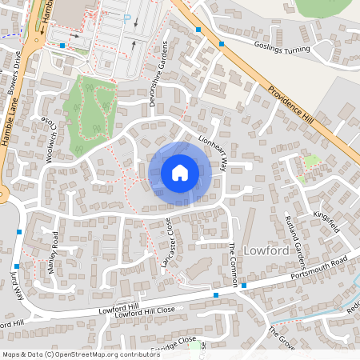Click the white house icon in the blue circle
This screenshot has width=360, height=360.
coord(180,172)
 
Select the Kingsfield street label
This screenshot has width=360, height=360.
coord(326,222)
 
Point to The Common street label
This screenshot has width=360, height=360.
coord(234,261)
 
